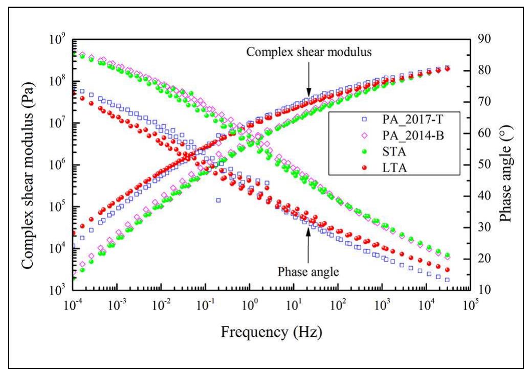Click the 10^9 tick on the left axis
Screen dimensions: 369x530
(58, 38)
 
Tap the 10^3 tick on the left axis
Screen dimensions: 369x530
(58, 289)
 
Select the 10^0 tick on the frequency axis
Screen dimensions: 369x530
(249, 303)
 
